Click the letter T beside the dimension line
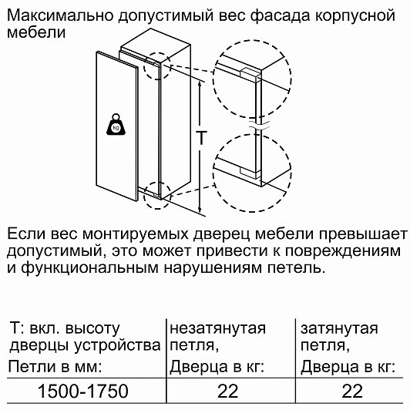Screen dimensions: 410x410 [x=201, y=137]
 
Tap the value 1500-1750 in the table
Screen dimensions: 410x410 [x=83, y=392]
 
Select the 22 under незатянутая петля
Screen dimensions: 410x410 [x=228, y=392]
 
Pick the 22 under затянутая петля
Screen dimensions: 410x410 [x=352, y=392]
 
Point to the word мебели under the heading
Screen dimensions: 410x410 [x=36, y=32]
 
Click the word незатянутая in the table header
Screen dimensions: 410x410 [x=217, y=328]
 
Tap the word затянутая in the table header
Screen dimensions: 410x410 [x=339, y=328]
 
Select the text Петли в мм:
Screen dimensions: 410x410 [x=55, y=367]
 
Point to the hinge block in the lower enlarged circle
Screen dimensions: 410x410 [x=250, y=173]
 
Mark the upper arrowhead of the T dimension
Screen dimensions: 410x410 [x=200, y=84]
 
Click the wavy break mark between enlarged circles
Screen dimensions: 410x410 [x=259, y=125]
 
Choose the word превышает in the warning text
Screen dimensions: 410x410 [x=363, y=234]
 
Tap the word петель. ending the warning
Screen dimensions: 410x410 [x=296, y=267]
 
